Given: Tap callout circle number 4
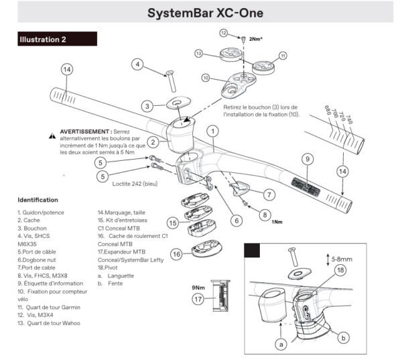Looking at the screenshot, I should point(137,65).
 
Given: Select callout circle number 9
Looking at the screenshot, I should point(307,159).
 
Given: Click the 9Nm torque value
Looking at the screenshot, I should point(199,286).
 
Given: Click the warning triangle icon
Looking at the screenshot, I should point(52,135).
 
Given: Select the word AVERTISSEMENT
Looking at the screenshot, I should point(84,131).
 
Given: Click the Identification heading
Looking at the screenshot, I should point(38,200).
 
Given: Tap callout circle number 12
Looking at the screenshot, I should point(224,32).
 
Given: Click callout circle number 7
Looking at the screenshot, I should point(269,194).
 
